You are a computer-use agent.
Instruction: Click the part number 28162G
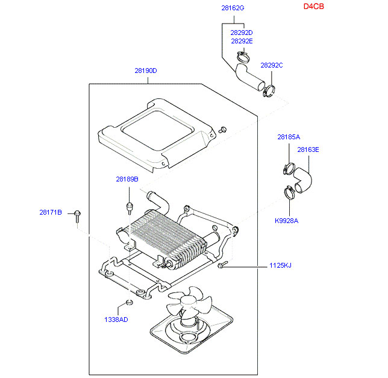point(233,8)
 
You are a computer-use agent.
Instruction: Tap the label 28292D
point(242,33)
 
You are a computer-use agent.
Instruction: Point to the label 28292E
point(242,41)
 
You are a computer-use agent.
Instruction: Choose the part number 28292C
point(272,65)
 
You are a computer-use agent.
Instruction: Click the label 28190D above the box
point(146,71)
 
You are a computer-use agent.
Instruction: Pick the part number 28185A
point(289,137)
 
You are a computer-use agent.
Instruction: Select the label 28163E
point(308,150)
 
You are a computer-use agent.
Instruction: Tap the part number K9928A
point(287,220)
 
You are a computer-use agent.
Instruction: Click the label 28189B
point(127,179)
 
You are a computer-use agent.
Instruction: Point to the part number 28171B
point(51,212)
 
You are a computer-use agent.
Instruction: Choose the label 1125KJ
point(280,265)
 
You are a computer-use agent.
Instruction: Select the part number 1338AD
point(116,320)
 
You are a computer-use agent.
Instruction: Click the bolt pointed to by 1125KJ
point(223,265)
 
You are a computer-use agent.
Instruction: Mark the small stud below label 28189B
point(128,208)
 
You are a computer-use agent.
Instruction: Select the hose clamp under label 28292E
point(243,58)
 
